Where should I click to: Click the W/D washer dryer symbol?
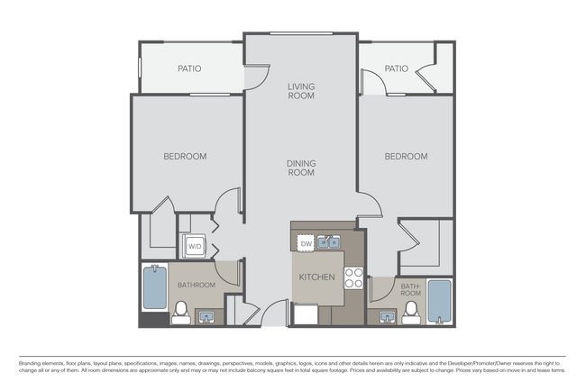click(194, 246)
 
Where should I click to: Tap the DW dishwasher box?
click(307, 244)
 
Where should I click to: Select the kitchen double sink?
click(328, 242)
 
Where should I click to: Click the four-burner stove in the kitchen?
click(353, 277)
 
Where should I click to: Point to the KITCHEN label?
click(317, 277)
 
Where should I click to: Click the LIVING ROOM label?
click(301, 91)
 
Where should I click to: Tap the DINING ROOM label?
click(301, 168)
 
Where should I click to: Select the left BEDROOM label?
click(185, 157)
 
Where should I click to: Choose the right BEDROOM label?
click(407, 157)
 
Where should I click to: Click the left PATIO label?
click(189, 68)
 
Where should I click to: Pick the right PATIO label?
click(397, 68)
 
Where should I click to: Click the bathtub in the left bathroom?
click(155, 286)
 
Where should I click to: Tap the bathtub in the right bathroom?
click(440, 302)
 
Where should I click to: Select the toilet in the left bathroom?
click(181, 313)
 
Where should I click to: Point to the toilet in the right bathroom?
click(411, 313)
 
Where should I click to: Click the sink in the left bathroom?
click(206, 317)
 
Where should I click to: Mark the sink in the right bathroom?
click(388, 317)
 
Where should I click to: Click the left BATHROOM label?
click(197, 286)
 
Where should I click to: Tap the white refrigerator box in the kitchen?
click(306, 314)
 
